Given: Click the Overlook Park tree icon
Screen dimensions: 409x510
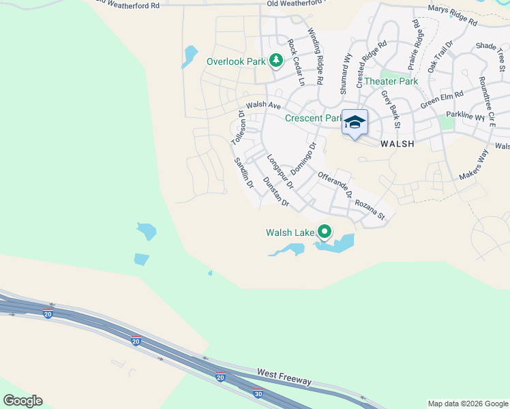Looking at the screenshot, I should [276, 61].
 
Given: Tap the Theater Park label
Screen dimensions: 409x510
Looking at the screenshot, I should [391, 81].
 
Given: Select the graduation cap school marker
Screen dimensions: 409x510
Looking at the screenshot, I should [355, 122].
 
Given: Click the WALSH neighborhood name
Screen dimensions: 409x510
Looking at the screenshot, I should [397, 144].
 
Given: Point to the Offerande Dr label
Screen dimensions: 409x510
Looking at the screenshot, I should [335, 185].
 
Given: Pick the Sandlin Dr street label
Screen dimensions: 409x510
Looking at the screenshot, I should [244, 173].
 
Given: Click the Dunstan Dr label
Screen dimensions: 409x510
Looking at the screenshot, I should [276, 192].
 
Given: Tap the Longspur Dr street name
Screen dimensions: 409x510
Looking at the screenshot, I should [280, 170].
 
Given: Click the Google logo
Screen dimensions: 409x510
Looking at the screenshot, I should [22, 401].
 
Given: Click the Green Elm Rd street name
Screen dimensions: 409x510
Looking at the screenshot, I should [442, 100].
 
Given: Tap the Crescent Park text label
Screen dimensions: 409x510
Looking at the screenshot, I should [313, 118].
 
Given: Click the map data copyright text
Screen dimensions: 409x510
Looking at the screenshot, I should [468, 404].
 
